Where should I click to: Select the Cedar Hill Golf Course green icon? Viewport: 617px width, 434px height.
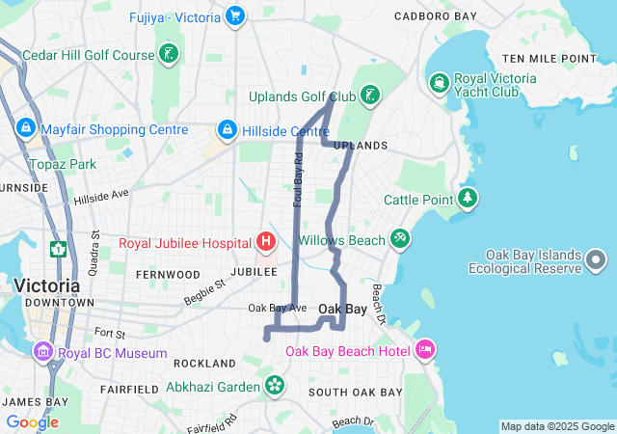tap(169, 55)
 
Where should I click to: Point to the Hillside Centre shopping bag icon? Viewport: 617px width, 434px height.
tap(227, 129)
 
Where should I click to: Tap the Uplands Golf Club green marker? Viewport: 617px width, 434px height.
tap(370, 95)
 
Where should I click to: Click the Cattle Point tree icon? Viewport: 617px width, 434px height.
tap(469, 199)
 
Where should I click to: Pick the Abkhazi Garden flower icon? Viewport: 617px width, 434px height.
tap(275, 385)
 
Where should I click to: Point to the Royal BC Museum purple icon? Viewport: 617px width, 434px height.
tap(43, 353)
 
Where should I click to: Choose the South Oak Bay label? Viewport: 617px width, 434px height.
tap(355, 393)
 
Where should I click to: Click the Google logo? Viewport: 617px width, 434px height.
tap(32, 422)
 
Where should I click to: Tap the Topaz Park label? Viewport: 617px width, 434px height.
tap(63, 164)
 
